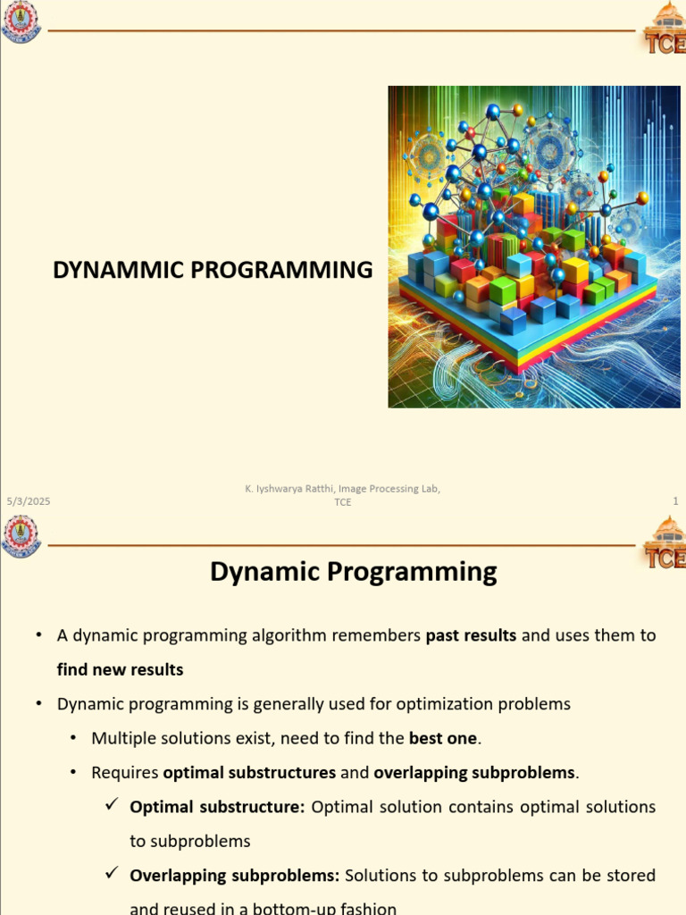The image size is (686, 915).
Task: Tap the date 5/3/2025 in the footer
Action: click(28, 502)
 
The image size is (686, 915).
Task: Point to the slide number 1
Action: click(675, 502)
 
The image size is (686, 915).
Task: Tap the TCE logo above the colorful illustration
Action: click(663, 28)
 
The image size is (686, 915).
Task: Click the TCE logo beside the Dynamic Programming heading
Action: click(663, 544)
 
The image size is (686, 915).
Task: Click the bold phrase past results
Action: click(471, 635)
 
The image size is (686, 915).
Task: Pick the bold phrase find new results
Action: click(120, 669)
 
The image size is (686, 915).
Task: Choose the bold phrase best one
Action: click(443, 738)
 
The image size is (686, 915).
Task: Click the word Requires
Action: click(125, 772)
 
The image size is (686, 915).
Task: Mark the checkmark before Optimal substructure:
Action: click(113, 806)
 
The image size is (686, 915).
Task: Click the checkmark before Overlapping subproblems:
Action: click(113, 874)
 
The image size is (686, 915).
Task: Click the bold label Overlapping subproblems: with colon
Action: click(234, 875)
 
